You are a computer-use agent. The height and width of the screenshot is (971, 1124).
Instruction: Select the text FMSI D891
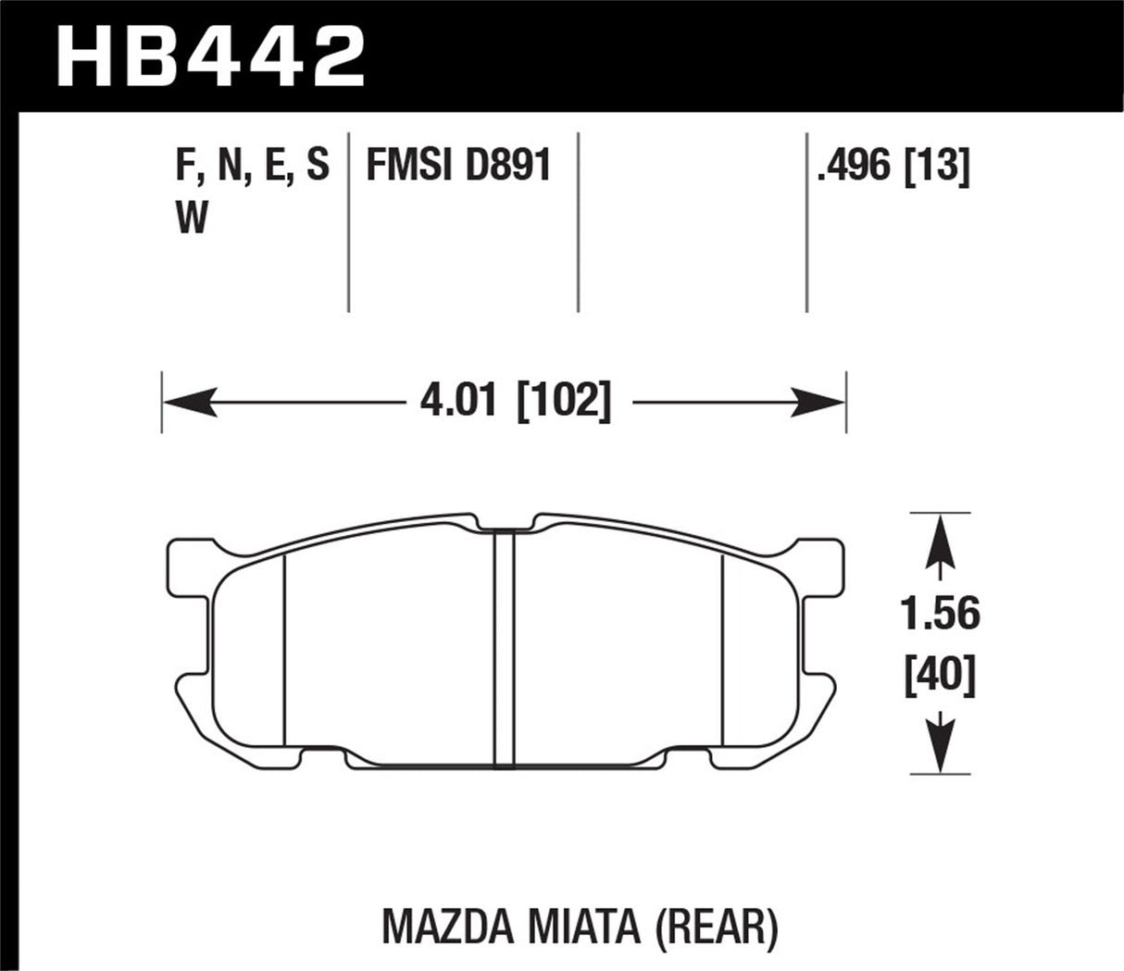(x=458, y=167)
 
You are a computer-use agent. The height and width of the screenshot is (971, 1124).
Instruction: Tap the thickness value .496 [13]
(x=893, y=167)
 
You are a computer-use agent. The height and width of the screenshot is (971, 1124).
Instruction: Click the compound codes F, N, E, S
(x=251, y=167)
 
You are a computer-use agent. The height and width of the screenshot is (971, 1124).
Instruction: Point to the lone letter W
(x=191, y=218)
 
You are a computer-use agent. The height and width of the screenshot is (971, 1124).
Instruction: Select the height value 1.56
(x=940, y=613)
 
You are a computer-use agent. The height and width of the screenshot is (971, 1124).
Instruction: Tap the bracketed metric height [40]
(x=940, y=678)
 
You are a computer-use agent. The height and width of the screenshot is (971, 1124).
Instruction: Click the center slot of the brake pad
(x=504, y=648)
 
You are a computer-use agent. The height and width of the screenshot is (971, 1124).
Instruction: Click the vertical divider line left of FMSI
(x=348, y=222)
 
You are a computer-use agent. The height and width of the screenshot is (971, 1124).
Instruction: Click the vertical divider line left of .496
(x=806, y=222)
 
